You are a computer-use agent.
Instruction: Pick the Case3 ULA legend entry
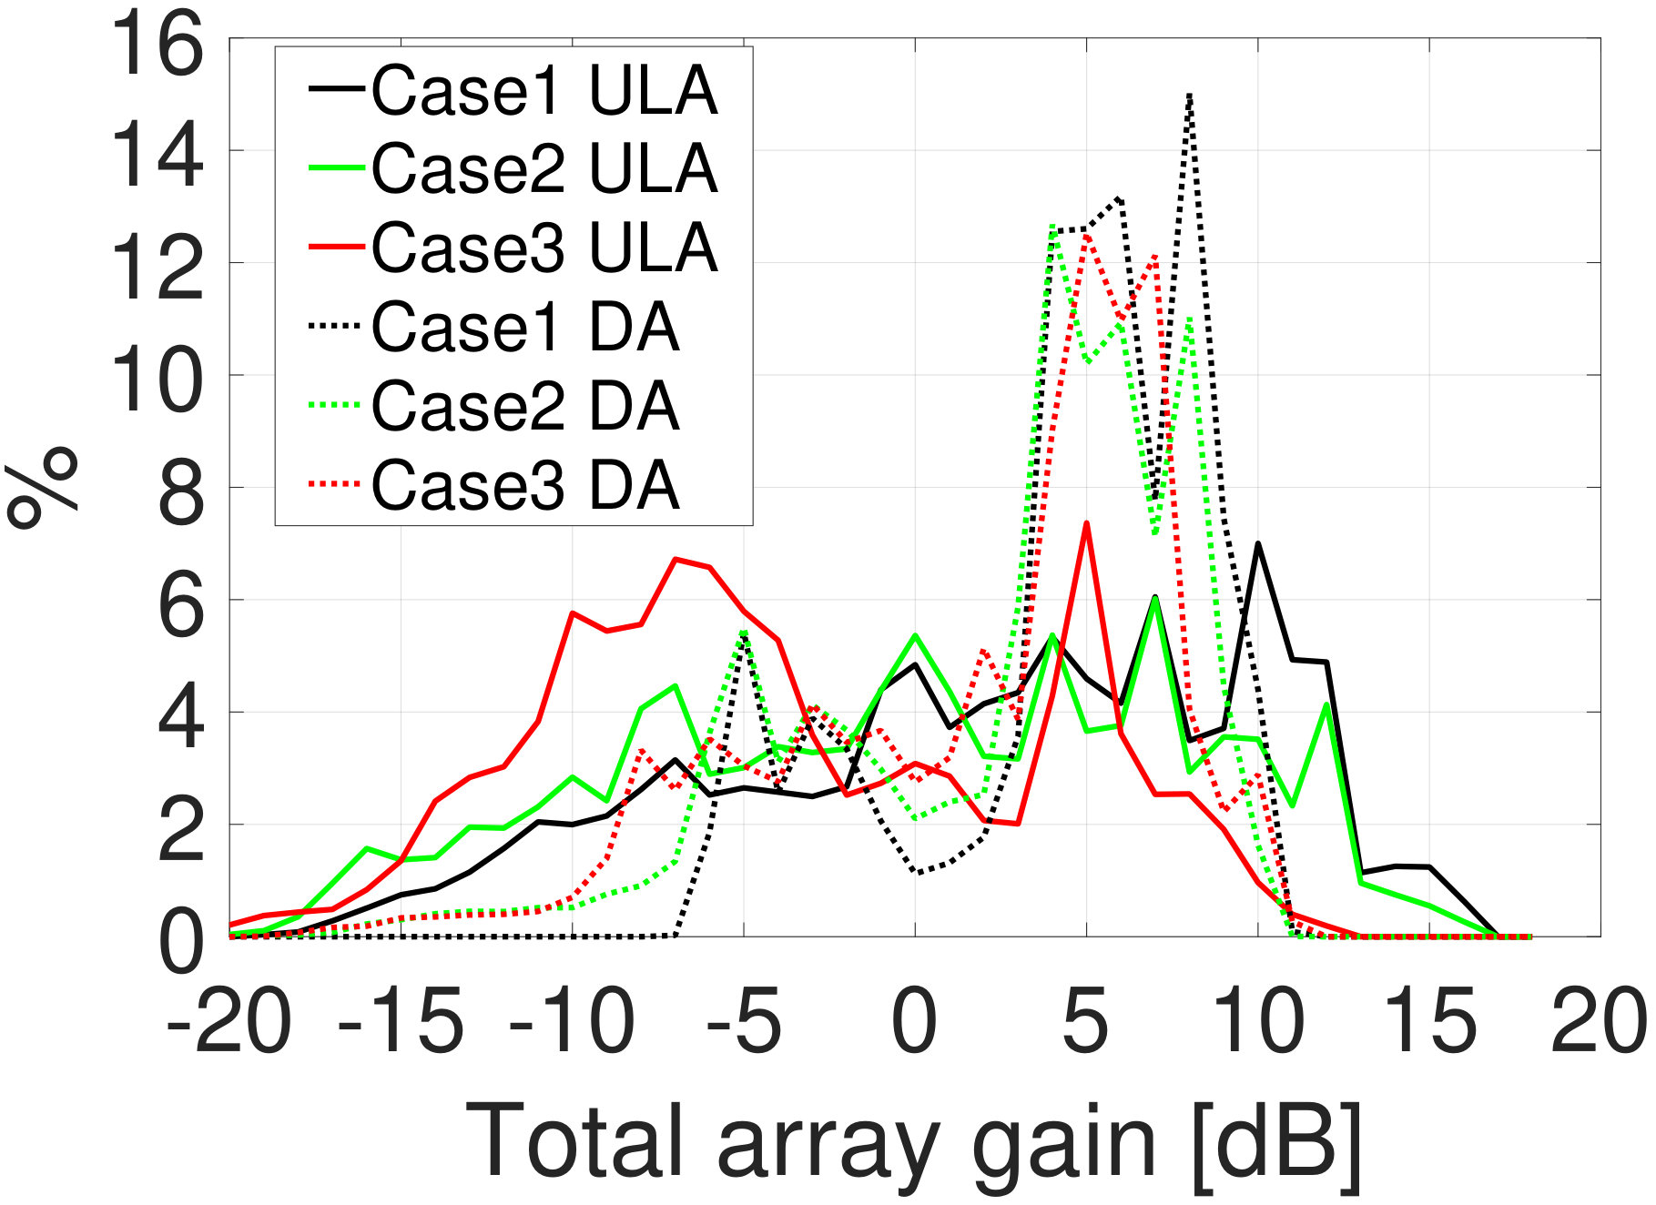(513, 248)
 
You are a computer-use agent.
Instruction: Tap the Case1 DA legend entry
(494, 327)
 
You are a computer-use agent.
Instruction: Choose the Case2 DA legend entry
(494, 406)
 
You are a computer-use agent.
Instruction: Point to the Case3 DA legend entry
(494, 484)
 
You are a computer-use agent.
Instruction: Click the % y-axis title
(42, 487)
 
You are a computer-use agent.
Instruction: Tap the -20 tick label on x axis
(229, 1021)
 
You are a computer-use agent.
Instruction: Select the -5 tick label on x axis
(744, 1021)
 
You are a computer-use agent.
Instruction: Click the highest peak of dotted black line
(1189, 95)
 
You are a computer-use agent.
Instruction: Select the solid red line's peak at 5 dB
(1086, 522)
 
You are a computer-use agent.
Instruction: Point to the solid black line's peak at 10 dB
(1257, 543)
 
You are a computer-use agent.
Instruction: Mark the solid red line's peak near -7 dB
(676, 559)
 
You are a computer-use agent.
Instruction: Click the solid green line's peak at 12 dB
(1326, 704)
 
